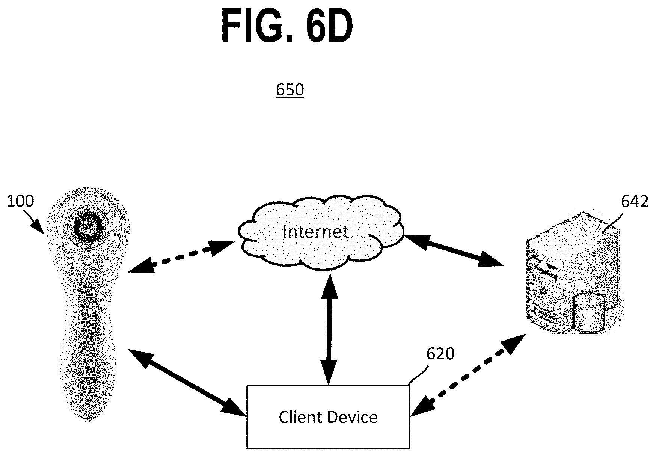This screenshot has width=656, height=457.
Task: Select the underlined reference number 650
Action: (290, 90)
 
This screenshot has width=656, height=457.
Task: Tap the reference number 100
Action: (20, 201)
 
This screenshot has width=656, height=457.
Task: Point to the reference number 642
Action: (635, 202)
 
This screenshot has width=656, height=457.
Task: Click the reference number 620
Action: (440, 354)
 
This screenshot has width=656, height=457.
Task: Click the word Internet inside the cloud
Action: (315, 232)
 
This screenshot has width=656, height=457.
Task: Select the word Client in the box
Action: (300, 417)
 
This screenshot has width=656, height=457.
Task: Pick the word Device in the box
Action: (353, 417)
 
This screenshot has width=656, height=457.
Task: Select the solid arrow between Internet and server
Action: (453, 250)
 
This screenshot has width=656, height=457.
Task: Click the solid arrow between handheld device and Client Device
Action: (187, 382)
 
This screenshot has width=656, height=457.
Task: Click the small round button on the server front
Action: (543, 290)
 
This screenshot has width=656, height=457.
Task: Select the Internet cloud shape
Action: (320, 232)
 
